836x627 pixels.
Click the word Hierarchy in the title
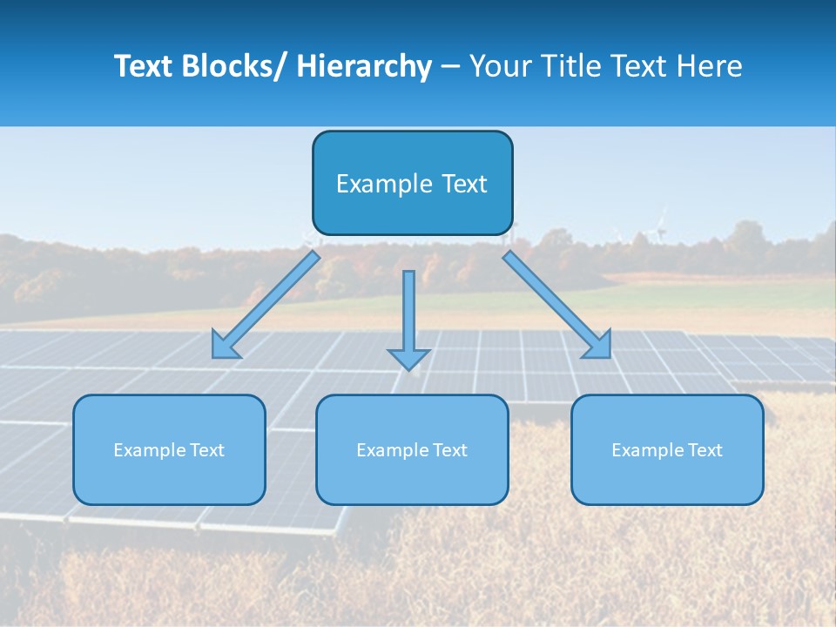(x=364, y=67)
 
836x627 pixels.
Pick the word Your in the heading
(x=502, y=67)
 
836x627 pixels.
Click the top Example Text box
(x=412, y=183)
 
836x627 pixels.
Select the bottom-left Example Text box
(x=169, y=449)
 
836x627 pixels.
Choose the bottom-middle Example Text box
(x=412, y=449)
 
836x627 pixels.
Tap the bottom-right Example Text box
(x=667, y=449)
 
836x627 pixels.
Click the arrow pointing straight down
(x=408, y=313)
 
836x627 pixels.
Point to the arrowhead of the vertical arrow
(x=408, y=358)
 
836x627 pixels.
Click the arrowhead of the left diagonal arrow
(x=224, y=347)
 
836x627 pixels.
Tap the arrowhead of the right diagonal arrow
(x=599, y=346)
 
